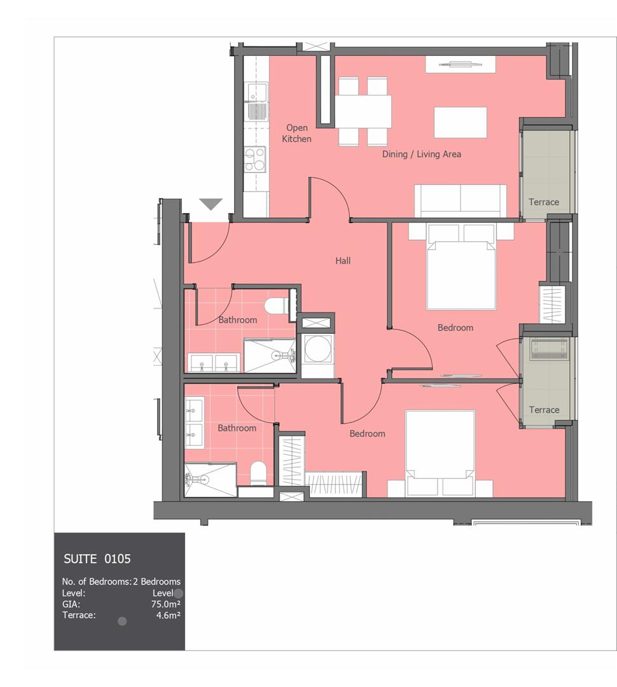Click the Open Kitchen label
click(x=296, y=133)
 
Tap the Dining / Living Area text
click(x=422, y=154)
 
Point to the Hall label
click(x=343, y=261)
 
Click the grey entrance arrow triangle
click(x=211, y=204)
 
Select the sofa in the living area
click(x=461, y=200)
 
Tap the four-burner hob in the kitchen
click(x=255, y=160)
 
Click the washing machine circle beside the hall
click(x=316, y=349)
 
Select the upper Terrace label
click(x=543, y=202)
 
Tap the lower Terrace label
click(x=544, y=410)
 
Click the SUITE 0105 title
click(x=97, y=559)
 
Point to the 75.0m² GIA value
click(x=166, y=604)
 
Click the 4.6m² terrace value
click(x=169, y=615)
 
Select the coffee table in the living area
click(x=460, y=122)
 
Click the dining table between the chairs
click(x=363, y=111)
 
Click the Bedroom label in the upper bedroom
click(x=455, y=328)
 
